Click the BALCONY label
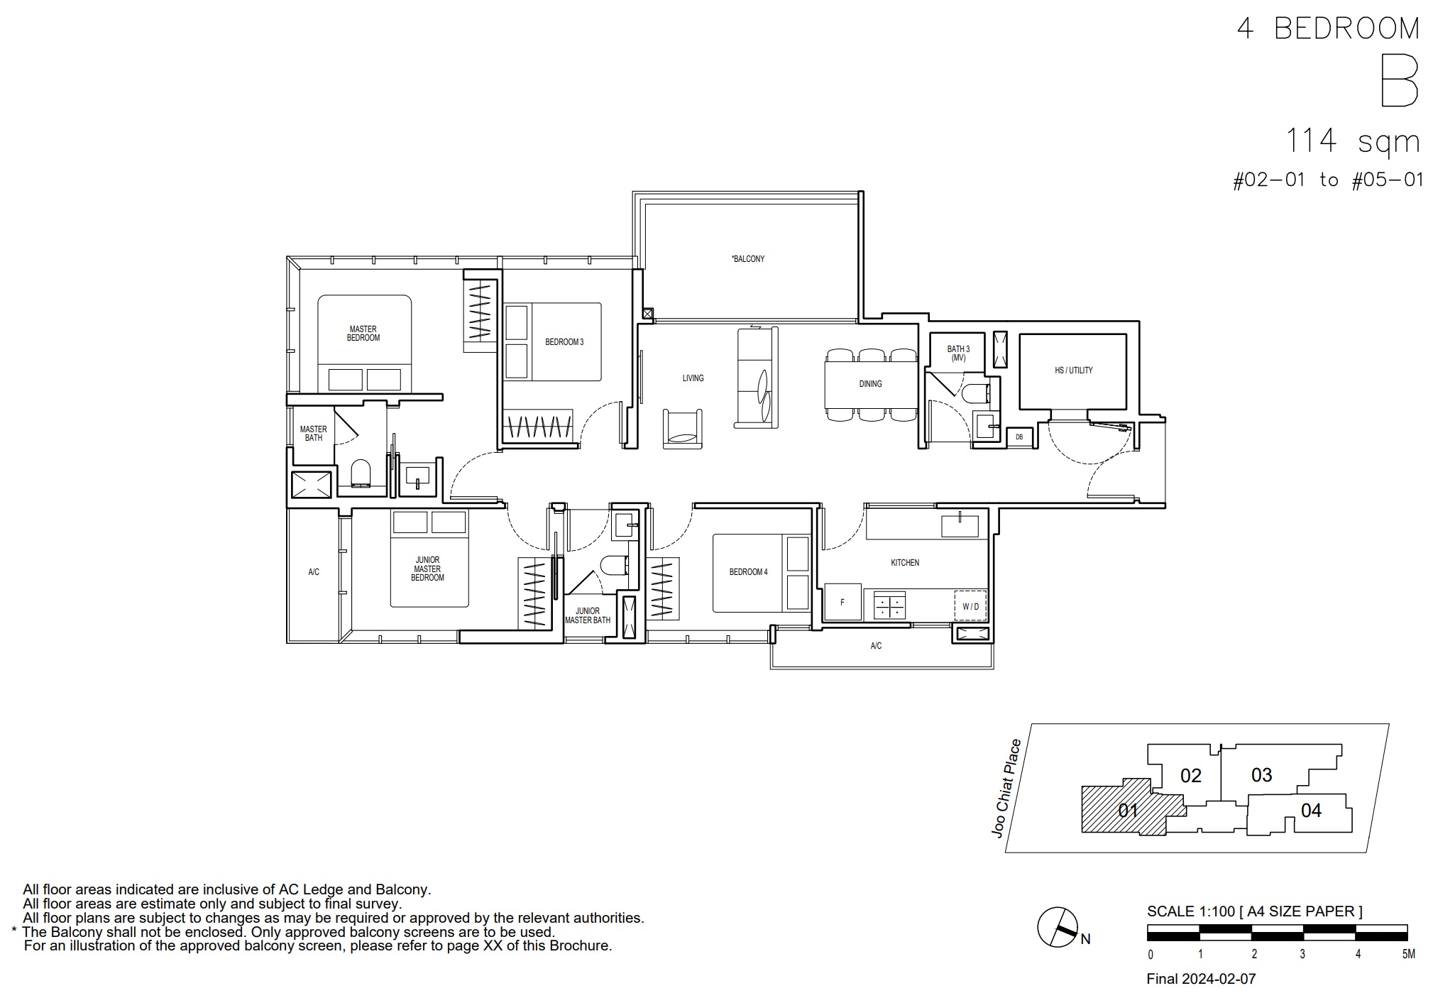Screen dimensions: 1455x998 pos(748,259)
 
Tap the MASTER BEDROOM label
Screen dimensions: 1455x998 pos(363,334)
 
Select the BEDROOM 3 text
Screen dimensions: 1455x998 pos(564,342)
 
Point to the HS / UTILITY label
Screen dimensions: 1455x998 pos(1074,371)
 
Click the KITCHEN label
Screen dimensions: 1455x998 pos(905,563)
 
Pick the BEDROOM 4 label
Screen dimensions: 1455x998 pos(748,572)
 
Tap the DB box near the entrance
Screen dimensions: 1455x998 pos(1019,437)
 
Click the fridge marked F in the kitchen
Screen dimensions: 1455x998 pos(842,602)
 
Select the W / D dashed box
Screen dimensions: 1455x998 pos(970,606)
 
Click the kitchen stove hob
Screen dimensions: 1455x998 pos(889,605)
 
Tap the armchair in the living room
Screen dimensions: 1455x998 pos(683,429)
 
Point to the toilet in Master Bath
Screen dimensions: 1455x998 pos(361,473)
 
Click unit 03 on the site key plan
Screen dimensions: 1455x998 pos(1261,775)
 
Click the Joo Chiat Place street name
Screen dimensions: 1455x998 pos(1007,789)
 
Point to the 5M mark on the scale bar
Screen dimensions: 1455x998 pos(1408,955)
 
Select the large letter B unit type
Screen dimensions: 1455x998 pos(1399,82)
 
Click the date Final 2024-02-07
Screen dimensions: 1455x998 pos(1201,979)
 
